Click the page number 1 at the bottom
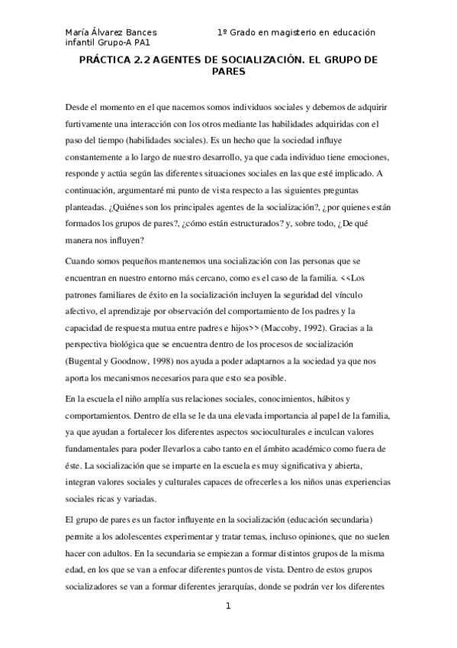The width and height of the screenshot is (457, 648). [227, 605]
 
